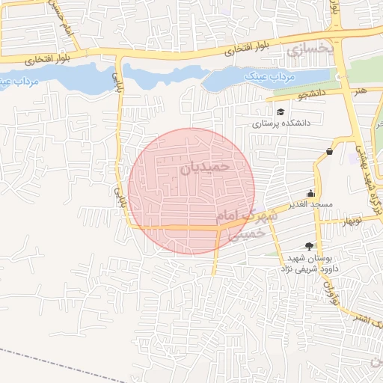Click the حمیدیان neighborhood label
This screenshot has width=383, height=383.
[205, 167]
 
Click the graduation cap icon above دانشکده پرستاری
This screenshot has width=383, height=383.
[280, 111]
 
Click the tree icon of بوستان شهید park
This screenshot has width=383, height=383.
[310, 246]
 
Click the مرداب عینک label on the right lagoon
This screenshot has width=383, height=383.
[270, 76]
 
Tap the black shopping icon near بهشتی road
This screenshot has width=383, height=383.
[330, 151]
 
